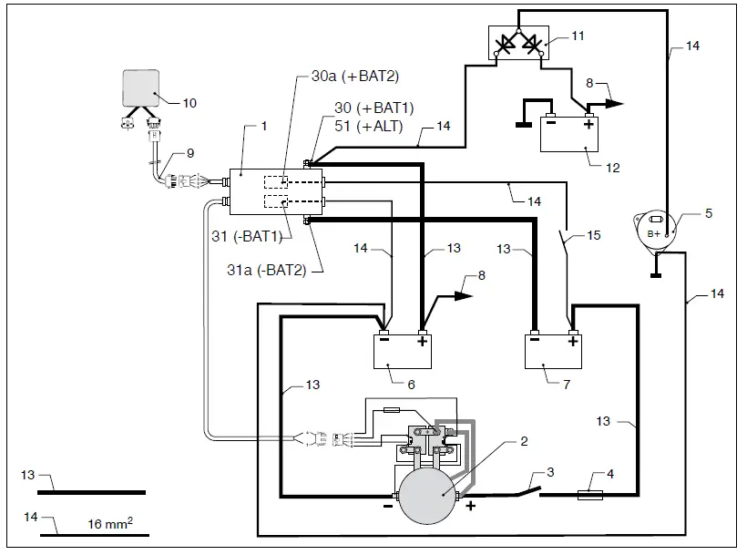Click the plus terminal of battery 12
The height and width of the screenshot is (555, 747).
pos(589,125)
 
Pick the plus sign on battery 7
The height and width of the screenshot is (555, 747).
pos(573,343)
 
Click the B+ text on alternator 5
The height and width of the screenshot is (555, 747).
pos(654,233)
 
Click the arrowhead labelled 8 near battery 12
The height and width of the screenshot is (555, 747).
pos(617,102)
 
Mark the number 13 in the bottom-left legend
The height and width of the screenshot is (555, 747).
pos(28,475)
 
